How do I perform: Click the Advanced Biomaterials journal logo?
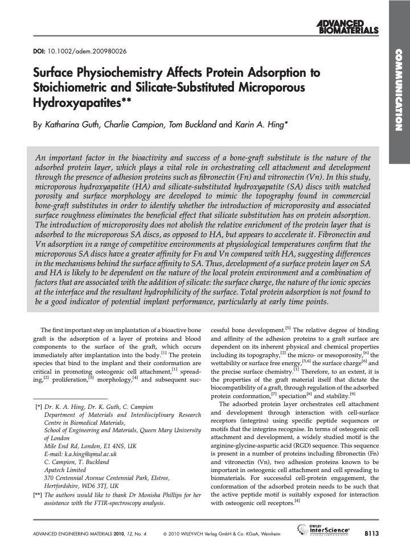click(348, 26)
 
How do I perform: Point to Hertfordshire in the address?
click(63, 486)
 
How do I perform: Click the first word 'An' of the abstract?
click(40, 158)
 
